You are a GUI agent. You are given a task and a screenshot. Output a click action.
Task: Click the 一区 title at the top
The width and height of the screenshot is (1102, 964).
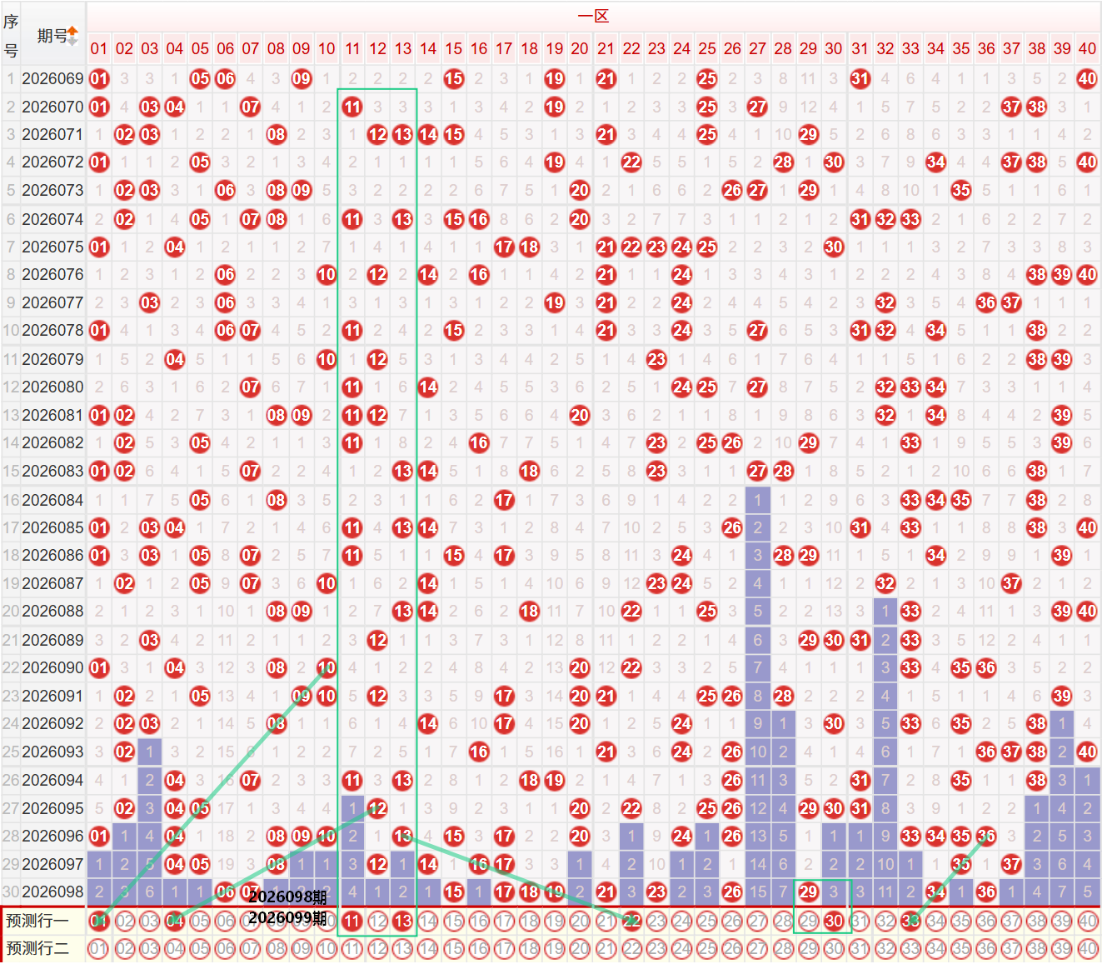pos(593,16)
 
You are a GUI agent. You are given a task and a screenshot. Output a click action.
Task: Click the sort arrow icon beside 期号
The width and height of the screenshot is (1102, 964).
pos(73,35)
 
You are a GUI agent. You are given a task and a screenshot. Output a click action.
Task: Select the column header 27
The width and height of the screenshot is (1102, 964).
pos(757,48)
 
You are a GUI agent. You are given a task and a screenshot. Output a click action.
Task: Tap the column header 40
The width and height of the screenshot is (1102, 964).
pos(1087,48)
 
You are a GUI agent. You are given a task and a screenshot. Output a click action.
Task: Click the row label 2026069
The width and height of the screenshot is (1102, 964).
pos(52,79)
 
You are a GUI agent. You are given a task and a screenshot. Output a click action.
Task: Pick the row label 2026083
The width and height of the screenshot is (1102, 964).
pos(52,471)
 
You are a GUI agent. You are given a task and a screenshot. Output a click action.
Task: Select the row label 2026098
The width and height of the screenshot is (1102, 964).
pos(52,892)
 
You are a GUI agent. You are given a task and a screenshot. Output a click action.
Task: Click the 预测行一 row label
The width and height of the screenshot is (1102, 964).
pos(37,921)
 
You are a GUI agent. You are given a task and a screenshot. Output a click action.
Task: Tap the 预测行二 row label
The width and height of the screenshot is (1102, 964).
pos(37,948)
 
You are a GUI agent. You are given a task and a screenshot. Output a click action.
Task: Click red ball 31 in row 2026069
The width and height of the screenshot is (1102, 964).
pos(860,79)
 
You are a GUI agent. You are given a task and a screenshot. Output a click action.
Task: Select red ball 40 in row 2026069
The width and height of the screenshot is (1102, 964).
pos(1087,79)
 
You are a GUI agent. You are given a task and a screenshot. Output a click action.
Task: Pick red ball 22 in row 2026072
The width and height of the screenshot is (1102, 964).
pos(631,162)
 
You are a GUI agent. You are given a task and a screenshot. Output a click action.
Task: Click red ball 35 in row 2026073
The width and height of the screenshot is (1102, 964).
pos(961,190)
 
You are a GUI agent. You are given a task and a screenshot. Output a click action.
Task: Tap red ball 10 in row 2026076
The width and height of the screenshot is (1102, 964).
pos(327,274)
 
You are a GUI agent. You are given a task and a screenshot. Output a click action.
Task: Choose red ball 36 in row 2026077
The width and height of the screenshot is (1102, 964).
pos(986,302)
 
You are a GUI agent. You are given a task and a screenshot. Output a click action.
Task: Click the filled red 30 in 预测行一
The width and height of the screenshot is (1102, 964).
pos(834,921)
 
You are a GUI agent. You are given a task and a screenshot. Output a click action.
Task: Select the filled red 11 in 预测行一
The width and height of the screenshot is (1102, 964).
pos(352,921)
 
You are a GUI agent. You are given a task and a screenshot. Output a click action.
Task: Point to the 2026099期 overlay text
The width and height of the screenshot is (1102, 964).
pos(287,917)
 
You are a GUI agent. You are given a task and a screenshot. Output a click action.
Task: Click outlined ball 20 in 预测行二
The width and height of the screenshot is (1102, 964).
pos(580,948)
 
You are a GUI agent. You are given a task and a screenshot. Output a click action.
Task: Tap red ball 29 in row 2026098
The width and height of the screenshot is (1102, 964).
pos(808,892)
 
